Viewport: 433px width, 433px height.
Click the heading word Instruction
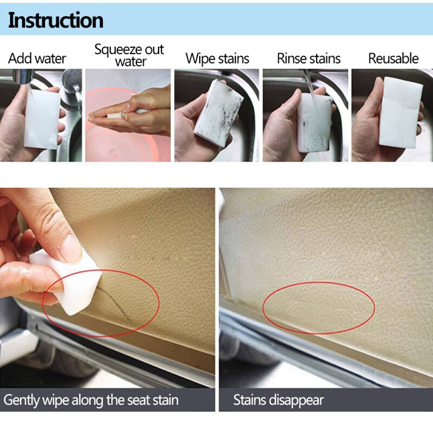coord(56,20)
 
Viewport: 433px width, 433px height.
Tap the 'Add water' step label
coord(37,58)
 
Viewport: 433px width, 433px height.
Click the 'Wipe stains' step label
coord(217,58)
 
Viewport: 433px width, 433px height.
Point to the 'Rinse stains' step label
coord(309,58)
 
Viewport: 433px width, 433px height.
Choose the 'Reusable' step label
coord(393,58)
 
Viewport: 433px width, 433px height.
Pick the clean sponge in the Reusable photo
coord(399,111)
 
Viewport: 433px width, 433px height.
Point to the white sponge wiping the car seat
coord(68,284)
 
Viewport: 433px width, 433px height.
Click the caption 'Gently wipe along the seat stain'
coord(91,401)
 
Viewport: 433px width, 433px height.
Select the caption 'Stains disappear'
coord(278,401)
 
